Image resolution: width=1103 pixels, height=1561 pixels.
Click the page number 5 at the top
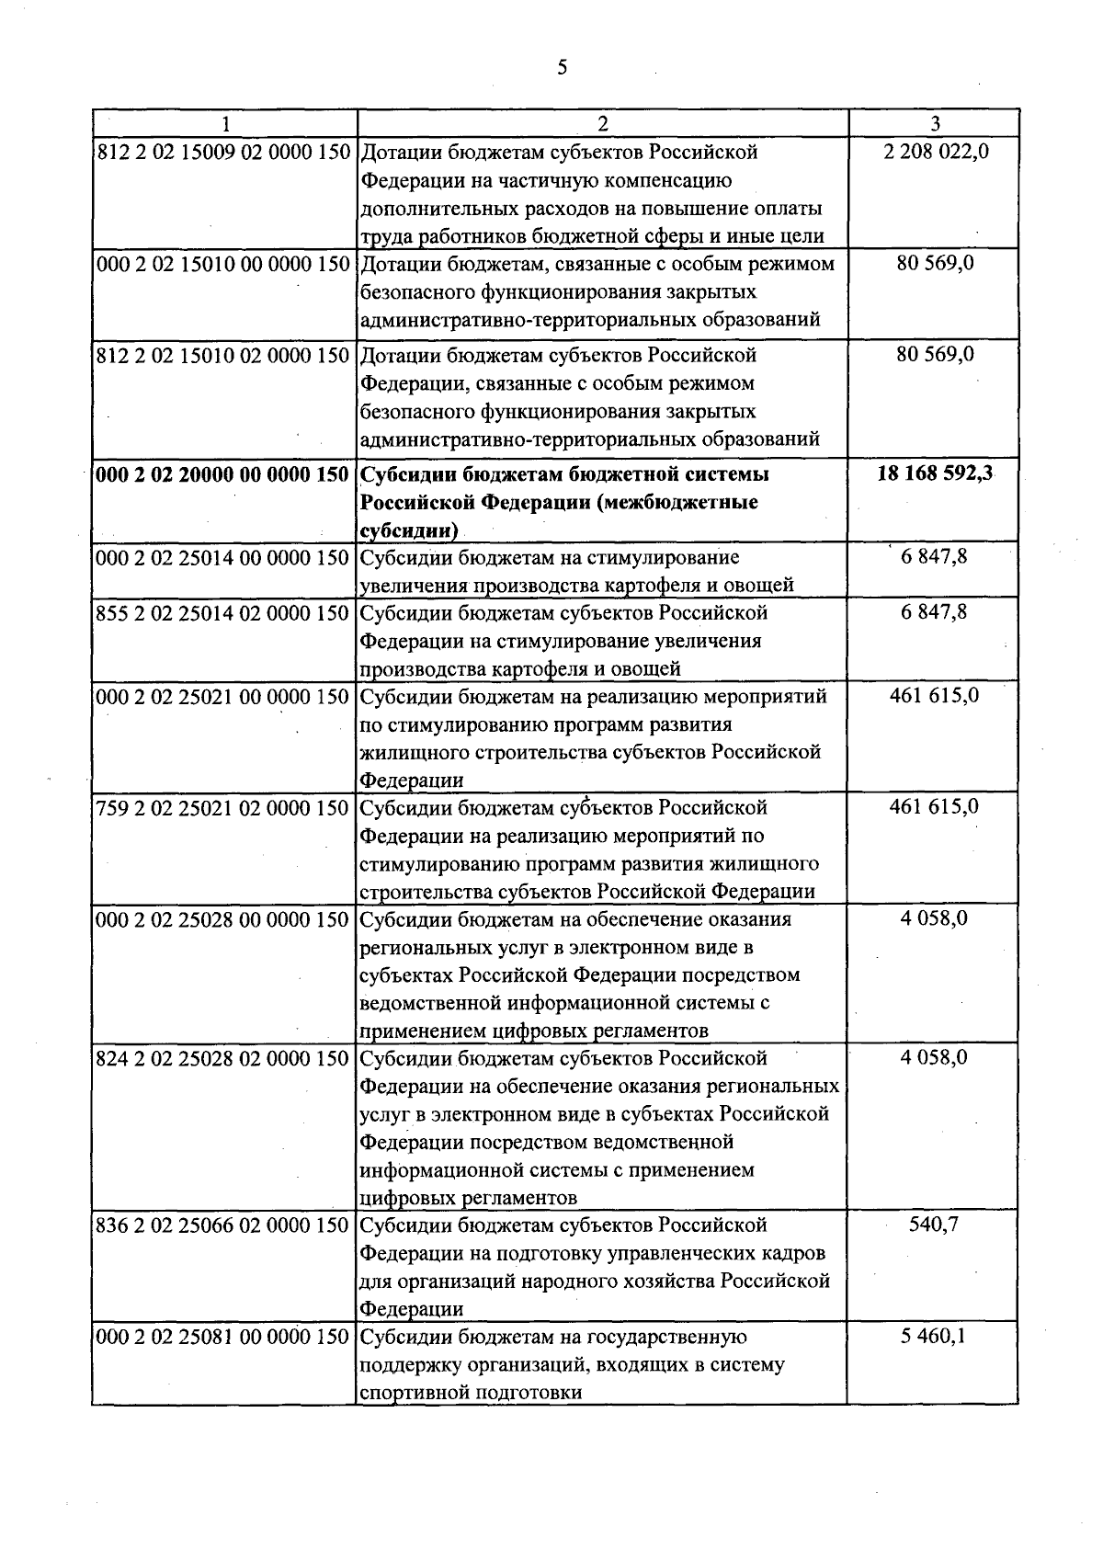coord(562,66)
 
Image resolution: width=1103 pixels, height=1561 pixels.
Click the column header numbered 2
coord(602,123)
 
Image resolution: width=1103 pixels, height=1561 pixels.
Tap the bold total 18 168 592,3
coord(935,474)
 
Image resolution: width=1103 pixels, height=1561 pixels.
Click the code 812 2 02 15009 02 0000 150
coord(223,152)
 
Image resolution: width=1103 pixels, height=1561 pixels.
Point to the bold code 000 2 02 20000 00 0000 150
coord(223,474)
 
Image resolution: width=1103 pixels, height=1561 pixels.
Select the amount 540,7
coord(934,1225)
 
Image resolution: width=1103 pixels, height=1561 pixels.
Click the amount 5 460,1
coord(934,1336)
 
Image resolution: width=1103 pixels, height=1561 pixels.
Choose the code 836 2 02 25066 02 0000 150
coord(223,1225)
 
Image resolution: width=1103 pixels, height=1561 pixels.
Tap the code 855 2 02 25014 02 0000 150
coord(223,612)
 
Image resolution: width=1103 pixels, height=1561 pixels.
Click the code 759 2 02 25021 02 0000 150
coord(223,807)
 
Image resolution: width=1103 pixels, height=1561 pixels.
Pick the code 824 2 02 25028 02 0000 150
coord(223,1058)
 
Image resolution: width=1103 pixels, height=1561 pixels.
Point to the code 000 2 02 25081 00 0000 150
coord(223,1336)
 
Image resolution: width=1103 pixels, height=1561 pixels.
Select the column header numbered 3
coord(934,123)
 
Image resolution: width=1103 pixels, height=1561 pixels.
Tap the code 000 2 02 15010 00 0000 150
coord(223,264)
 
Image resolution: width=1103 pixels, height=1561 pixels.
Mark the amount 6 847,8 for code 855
coord(934,612)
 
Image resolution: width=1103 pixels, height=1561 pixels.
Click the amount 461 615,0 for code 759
coord(934,807)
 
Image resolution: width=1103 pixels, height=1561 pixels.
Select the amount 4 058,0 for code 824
coord(934,1058)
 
